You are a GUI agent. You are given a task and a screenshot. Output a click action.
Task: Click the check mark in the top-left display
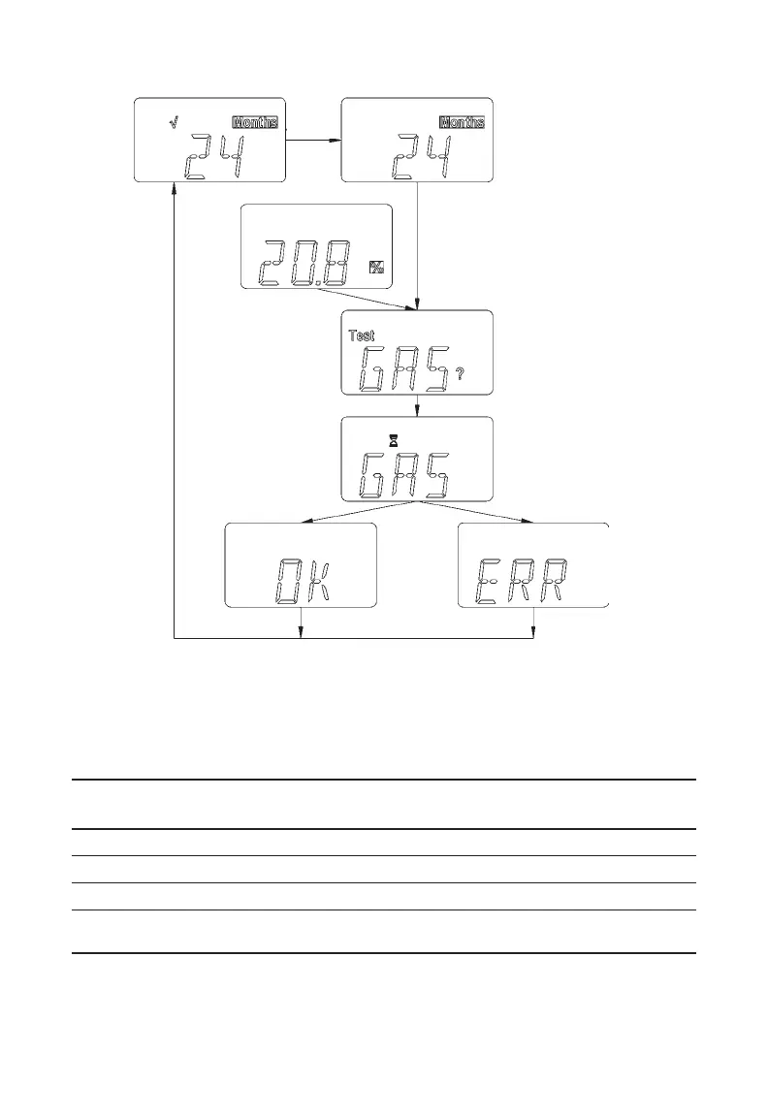172,122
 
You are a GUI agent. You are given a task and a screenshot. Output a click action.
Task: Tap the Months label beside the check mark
255,122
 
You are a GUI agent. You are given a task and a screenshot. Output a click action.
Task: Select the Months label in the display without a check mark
463,122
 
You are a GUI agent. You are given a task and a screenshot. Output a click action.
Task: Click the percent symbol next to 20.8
375,268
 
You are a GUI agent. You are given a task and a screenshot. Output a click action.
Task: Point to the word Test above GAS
362,335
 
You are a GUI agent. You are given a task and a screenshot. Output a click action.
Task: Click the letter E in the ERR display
487,581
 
